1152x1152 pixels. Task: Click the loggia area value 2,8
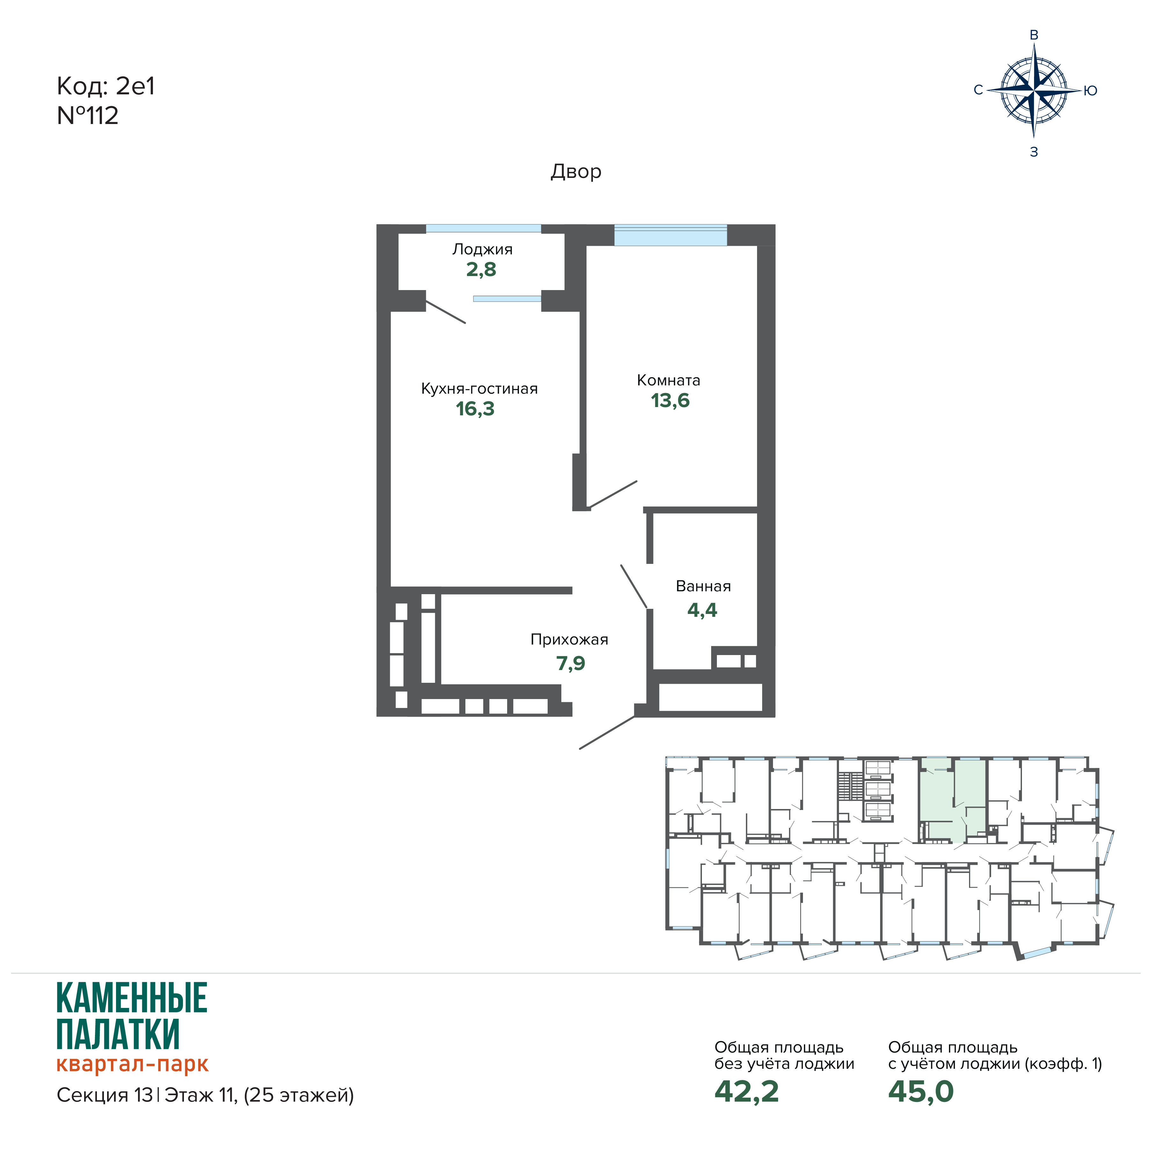click(x=481, y=270)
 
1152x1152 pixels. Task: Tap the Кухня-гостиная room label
click(x=479, y=389)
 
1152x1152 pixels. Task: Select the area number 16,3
click(x=475, y=409)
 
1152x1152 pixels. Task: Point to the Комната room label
click(x=668, y=380)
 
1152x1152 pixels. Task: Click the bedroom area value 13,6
click(x=670, y=401)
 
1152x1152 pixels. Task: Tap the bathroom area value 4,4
click(x=703, y=610)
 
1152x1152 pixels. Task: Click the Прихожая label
click(x=569, y=640)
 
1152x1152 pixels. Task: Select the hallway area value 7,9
click(x=571, y=663)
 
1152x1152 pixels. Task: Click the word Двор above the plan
click(x=576, y=172)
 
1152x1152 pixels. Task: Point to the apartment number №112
click(x=88, y=116)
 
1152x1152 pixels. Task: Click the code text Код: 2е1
click(x=106, y=86)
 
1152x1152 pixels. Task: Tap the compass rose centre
click(x=1034, y=91)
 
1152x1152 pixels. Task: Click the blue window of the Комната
click(x=670, y=235)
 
